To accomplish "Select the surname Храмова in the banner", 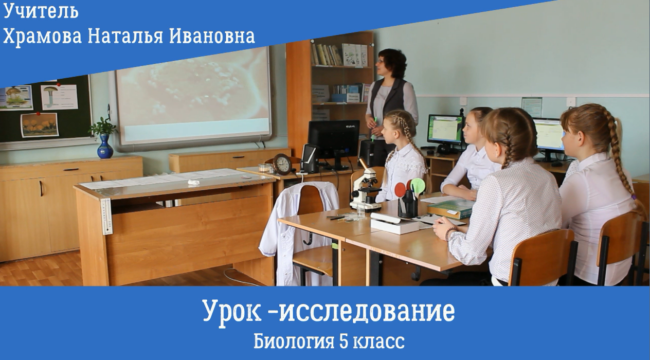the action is point(42,37).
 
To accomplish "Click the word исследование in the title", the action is point(367,311).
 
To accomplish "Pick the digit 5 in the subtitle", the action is point(344,341).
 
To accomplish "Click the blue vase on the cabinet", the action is point(105,147).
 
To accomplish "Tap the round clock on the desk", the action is point(282,165).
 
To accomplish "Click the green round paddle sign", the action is point(418,185).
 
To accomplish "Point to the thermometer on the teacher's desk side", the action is point(107,216).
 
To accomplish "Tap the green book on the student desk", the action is point(450,209).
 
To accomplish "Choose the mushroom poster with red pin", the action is point(60,97).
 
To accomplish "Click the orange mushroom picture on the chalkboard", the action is point(40,125).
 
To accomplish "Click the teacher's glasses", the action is point(380,61).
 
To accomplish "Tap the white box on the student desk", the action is point(394,224).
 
